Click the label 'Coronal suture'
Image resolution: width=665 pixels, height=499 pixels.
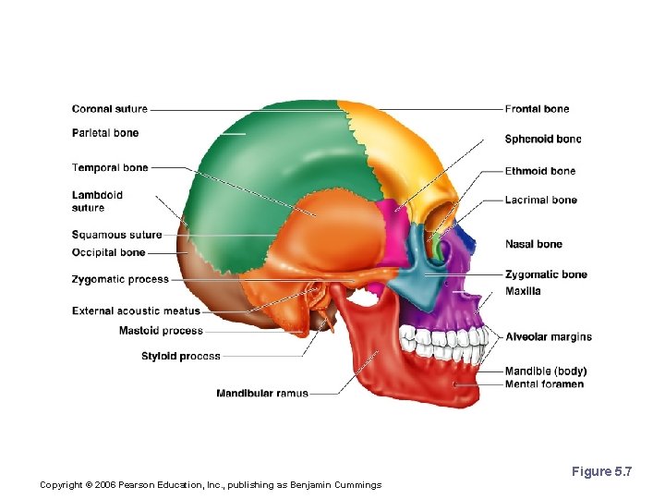coord(109,109)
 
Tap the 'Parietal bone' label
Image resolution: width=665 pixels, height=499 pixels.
coord(105,133)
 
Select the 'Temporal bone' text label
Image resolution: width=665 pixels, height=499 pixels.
coord(110,168)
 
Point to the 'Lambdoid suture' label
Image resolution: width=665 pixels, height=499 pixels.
coord(97,201)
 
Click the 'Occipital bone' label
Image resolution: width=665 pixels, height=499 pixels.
coord(108,252)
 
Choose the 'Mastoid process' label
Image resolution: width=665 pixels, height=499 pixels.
coord(161,331)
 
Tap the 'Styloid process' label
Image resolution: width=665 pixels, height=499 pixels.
coord(181,356)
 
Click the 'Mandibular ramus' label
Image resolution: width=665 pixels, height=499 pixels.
coord(262,394)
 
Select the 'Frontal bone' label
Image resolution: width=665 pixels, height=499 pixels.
coord(537,109)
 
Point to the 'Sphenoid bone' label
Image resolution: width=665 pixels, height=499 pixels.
coord(543,140)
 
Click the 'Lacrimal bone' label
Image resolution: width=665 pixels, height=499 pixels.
coord(540,200)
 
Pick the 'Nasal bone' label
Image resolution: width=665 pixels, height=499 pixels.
coord(533,244)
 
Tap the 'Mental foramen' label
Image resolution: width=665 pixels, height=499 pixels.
coord(544,384)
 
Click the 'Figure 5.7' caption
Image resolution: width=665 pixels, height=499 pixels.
coord(601,472)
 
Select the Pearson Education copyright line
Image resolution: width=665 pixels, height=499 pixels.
coord(211,485)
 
